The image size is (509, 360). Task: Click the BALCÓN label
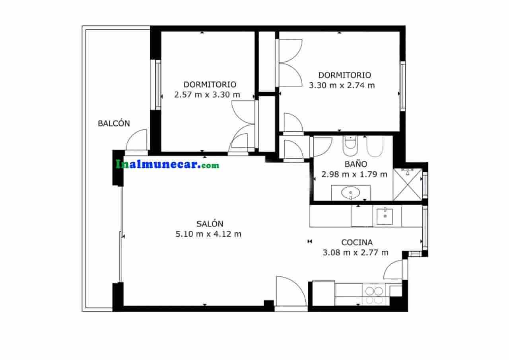point(114,123)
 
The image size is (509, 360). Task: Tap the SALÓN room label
point(210,224)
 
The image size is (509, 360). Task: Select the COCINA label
point(357,242)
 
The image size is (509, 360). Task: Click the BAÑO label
point(356,164)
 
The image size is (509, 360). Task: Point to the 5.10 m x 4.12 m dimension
point(208,234)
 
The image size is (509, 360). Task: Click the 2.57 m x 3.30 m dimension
point(207,95)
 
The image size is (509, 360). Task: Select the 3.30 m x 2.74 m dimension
point(342,85)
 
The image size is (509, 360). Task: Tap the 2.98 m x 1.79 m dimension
point(354,174)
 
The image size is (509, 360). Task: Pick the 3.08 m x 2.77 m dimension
point(356,252)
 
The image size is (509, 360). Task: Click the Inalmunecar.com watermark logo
point(167,164)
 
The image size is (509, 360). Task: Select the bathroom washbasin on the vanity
point(351,193)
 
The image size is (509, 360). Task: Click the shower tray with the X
point(407,185)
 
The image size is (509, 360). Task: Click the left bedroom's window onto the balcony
point(158,84)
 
